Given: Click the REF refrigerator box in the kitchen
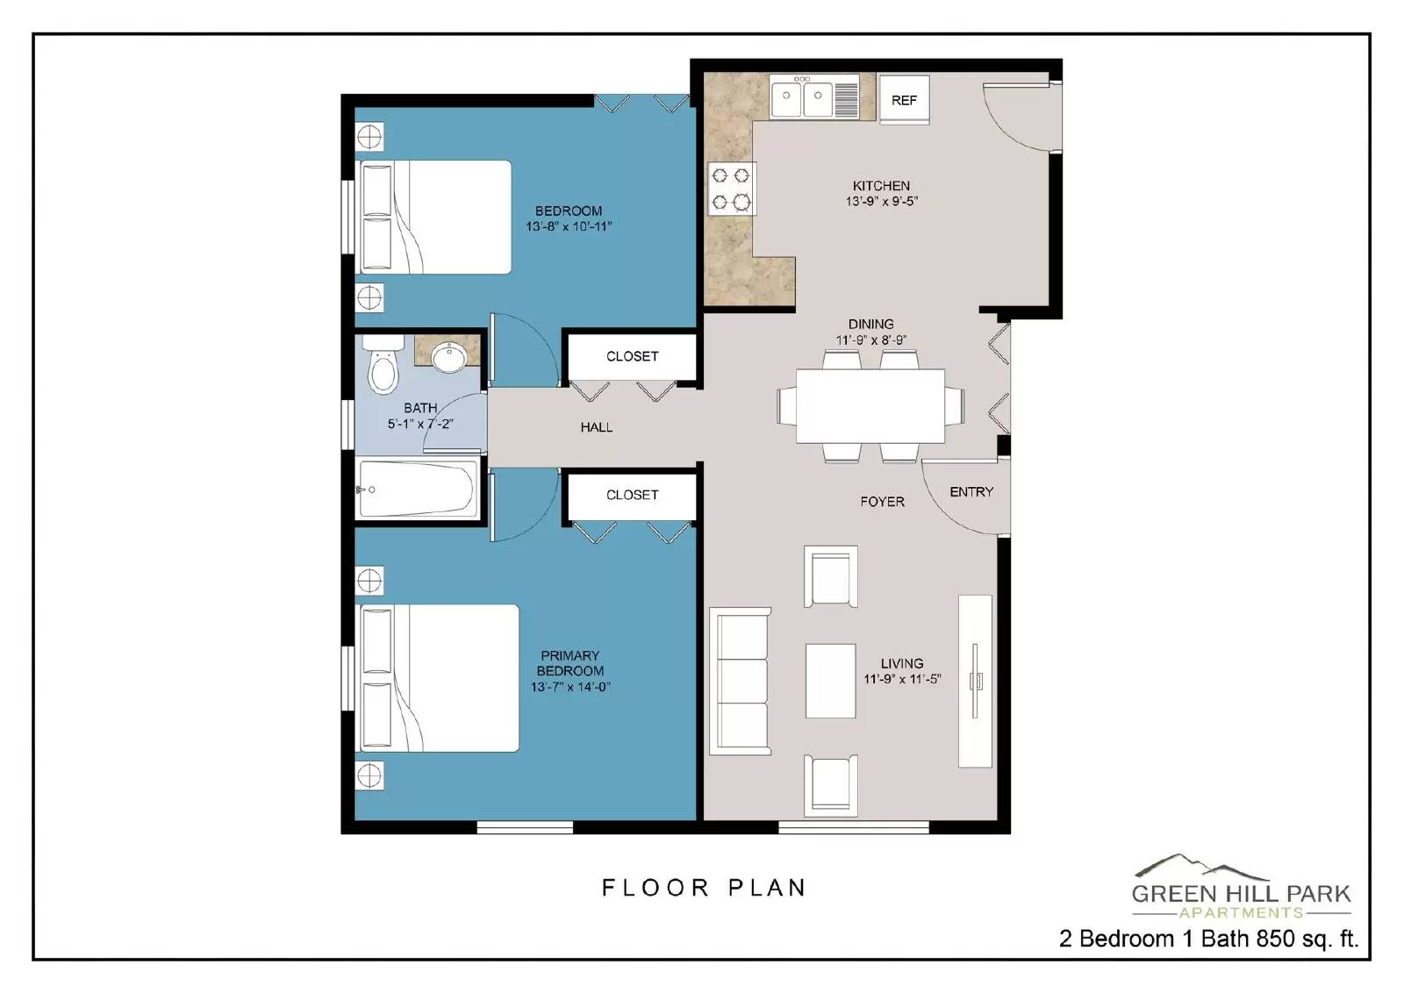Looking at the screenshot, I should [904, 100].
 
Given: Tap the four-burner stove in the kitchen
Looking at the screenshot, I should [731, 189].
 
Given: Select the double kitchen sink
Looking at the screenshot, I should [802, 97].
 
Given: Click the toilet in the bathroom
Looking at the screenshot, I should [383, 367].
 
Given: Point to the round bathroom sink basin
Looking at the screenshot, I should [450, 356].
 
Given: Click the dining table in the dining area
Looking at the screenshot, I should [870, 405].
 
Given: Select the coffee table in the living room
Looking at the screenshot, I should [830, 681].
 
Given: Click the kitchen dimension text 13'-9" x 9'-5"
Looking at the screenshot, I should [881, 202].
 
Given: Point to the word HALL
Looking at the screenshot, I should [596, 427].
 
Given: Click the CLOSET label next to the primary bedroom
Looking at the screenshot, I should [632, 495].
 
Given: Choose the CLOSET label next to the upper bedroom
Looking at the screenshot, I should [632, 356].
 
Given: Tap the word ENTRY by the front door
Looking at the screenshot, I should [971, 492].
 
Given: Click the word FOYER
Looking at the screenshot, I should [882, 502].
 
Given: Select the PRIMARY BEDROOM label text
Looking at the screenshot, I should [569, 663].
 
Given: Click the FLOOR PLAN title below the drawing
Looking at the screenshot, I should [704, 888].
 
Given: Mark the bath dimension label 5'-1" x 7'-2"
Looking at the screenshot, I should [420, 424].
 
